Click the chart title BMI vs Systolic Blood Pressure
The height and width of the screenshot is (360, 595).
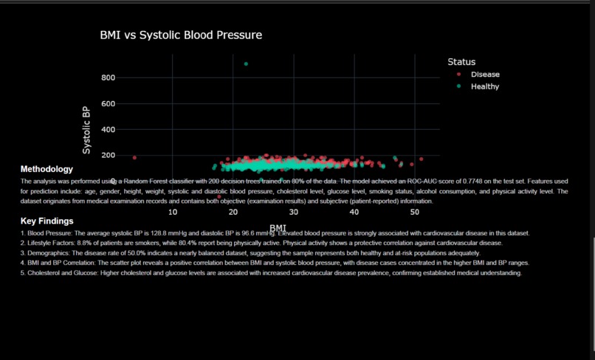181,35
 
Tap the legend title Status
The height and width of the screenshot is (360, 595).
461,62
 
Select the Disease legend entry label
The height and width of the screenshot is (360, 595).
485,75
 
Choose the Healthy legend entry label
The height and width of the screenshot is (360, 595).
485,86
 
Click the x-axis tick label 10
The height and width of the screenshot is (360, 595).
173,212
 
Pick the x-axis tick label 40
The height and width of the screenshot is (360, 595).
354,212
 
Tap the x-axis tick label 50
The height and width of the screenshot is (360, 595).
415,212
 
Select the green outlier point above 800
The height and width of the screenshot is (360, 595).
246,63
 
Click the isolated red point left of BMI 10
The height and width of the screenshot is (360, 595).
134,158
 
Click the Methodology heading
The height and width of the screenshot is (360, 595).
47,169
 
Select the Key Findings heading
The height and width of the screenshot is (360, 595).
47,221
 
